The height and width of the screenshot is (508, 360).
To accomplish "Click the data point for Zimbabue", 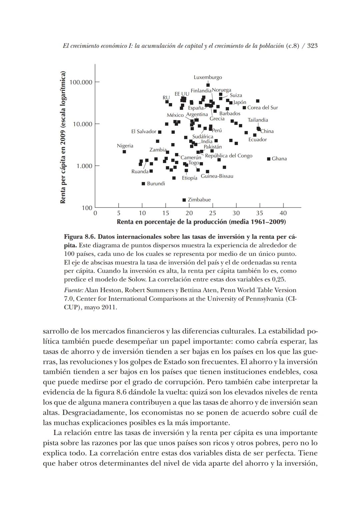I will (184, 200).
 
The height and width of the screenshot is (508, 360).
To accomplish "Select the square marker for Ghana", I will (269, 159).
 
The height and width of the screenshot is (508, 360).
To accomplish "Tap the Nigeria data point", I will (124, 152).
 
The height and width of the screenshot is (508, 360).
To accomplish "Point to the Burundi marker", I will (143, 184).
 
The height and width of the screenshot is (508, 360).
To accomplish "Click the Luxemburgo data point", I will (208, 85).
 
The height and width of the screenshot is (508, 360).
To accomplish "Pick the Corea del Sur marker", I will (244, 108).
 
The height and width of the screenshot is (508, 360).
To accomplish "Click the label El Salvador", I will (144, 132).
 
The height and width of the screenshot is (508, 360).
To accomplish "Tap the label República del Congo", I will (229, 156).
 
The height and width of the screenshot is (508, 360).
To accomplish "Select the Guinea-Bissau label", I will (217, 176).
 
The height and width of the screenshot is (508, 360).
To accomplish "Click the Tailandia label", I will (258, 120).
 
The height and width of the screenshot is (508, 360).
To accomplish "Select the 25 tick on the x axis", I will (212, 213).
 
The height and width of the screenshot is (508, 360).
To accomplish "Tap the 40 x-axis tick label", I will (283, 213).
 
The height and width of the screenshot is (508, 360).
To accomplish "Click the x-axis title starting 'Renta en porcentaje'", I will (201, 222).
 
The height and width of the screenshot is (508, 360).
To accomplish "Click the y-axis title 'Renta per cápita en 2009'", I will (63, 137).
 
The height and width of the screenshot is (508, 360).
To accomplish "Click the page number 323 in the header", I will (312, 46).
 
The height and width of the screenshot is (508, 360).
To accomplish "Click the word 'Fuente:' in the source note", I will (73, 290).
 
